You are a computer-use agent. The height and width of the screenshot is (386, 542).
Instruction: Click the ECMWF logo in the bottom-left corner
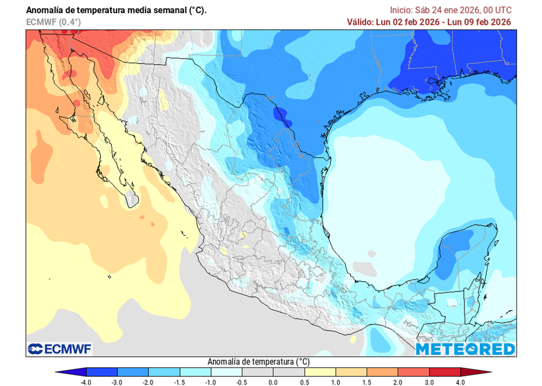coord(59,349)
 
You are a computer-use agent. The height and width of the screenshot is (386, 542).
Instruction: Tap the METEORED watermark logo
coord(465,349)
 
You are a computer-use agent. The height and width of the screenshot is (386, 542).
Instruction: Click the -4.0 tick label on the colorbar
coord(86,382)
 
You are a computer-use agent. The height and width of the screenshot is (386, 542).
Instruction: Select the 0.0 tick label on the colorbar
coord(273,382)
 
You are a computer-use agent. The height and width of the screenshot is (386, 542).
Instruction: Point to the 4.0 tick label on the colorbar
coord(460,382)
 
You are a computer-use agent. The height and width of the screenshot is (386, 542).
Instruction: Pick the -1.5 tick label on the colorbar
coord(179,382)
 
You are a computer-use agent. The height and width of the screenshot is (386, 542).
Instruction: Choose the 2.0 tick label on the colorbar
coord(398,382)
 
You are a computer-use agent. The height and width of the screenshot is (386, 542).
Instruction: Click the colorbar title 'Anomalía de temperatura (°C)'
coord(258,362)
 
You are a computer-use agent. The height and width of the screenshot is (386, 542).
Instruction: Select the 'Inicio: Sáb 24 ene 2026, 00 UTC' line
coord(450,10)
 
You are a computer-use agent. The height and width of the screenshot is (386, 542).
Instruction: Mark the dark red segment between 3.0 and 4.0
coord(445,372)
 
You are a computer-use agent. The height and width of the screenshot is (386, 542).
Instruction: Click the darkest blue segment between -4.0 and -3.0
coord(102,372)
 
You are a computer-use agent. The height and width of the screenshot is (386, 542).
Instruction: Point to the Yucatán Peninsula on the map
coord(466,254)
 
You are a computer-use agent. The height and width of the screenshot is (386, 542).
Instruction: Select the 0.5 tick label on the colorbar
coord(304,382)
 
